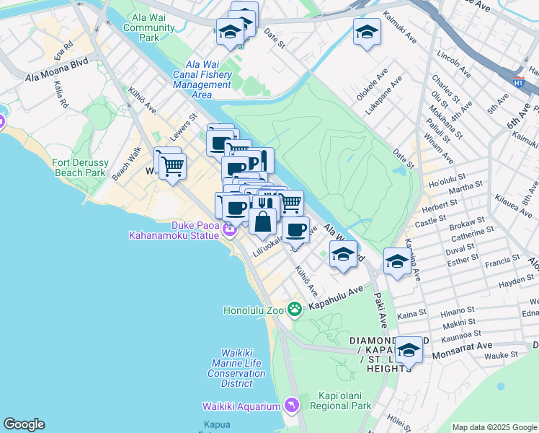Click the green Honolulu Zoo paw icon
[x=294, y=309]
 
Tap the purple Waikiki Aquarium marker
[x=290, y=406]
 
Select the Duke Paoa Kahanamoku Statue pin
[x=229, y=230]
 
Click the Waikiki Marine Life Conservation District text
[x=236, y=363]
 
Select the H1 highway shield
[x=518, y=82]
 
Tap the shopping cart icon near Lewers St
[x=172, y=166]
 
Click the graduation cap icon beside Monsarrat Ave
[x=409, y=351]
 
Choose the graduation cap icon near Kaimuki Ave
[x=367, y=32]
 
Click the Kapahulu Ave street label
[x=336, y=297]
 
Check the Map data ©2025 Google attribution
[x=494, y=427]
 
